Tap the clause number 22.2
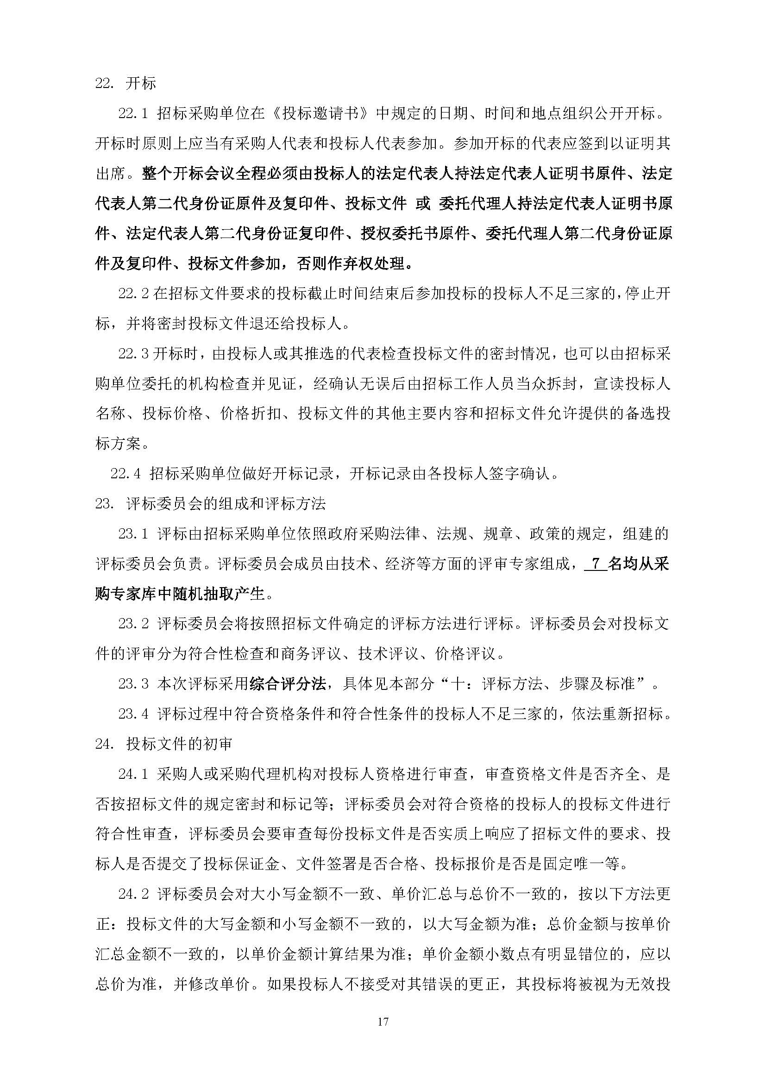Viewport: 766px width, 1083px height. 133,294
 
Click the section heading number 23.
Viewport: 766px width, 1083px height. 104,504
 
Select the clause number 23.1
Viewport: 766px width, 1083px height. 133,534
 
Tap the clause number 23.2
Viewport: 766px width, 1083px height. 133,624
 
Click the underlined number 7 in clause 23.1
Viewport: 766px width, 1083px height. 595,563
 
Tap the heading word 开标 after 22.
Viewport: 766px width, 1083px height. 141,83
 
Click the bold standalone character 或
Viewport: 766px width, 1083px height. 423,204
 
